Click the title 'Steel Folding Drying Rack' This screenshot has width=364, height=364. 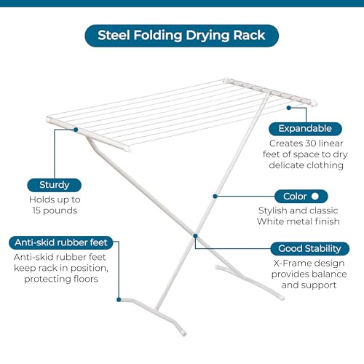coord(181,36)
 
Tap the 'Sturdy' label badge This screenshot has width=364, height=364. coord(55,185)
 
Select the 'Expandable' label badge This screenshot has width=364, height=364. coord(305,129)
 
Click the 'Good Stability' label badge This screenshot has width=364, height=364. coord(309,248)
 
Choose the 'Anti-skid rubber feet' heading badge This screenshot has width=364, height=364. coord(61,242)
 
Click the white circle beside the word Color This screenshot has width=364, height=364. coord(315,196)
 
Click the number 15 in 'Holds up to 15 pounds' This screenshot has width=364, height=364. coord(36,210)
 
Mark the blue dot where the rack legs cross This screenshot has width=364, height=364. coord(195,236)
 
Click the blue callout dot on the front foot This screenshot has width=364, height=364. coord(119,300)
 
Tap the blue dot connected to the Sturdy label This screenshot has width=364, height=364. coord(76,130)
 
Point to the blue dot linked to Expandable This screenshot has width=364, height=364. coord(289,108)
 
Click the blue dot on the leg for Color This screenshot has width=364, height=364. coord(215,196)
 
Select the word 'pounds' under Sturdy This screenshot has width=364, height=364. coord(60,210)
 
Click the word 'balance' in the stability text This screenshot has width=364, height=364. coord(331,274)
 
